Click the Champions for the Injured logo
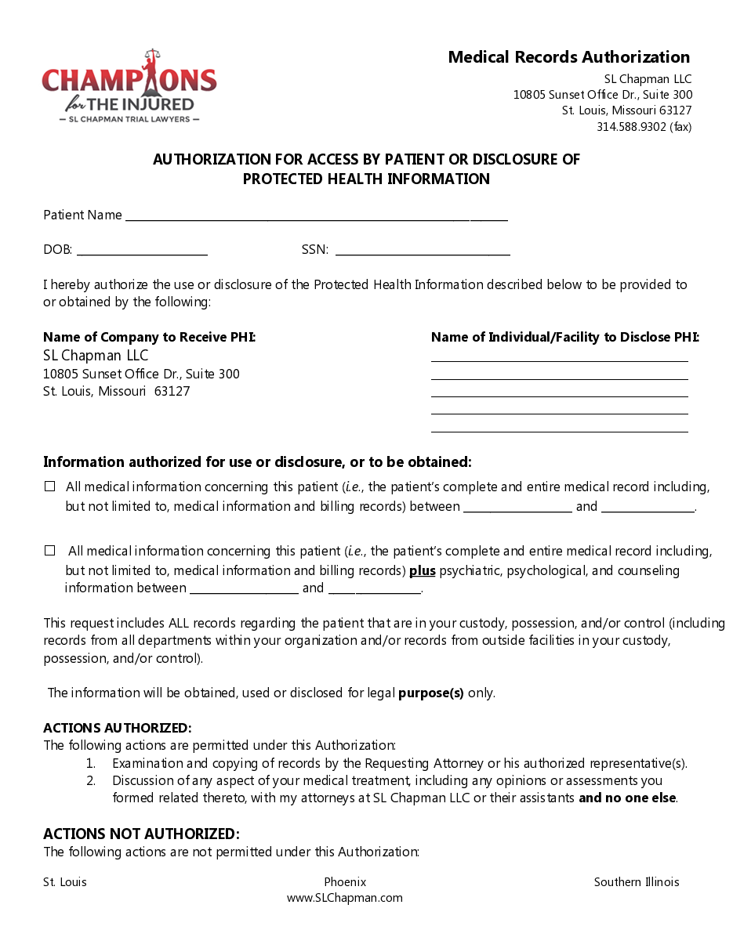click(129, 86)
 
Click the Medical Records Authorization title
click(568, 57)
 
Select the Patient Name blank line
click(316, 216)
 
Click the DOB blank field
click(142, 251)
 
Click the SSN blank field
click(423, 251)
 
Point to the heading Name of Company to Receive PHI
click(149, 338)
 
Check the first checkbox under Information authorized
click(50, 487)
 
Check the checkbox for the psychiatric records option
click(50, 551)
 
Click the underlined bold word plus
click(422, 570)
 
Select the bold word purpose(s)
click(431, 693)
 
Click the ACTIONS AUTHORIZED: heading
click(117, 728)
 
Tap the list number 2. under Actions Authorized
click(91, 780)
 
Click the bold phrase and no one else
click(628, 798)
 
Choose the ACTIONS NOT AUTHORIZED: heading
click(141, 834)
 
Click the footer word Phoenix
click(345, 882)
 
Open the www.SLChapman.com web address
click(345, 898)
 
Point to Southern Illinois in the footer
click(637, 882)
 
